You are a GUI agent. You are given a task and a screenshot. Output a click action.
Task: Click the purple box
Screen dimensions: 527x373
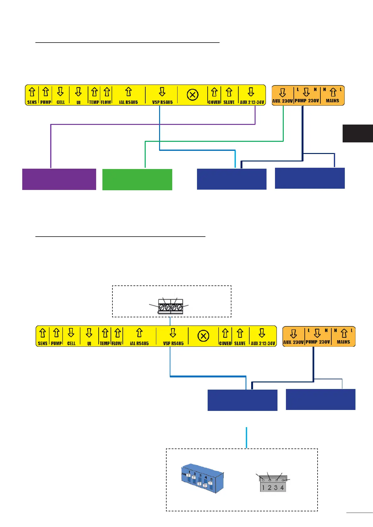point(59,179)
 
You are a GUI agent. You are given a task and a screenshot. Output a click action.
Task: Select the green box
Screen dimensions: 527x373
point(137,179)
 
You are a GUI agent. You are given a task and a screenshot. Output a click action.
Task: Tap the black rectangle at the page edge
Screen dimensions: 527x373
point(358,133)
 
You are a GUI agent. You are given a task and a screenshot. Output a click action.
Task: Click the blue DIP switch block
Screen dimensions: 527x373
point(203,479)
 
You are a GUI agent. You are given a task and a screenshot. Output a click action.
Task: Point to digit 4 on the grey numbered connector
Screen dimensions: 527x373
point(282,488)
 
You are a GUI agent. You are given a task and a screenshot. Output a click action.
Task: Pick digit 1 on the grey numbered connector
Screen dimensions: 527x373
point(263,488)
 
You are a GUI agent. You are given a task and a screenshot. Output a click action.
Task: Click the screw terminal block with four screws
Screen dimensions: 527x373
point(170,306)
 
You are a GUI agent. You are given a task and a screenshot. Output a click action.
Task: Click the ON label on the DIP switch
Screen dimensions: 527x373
point(184,474)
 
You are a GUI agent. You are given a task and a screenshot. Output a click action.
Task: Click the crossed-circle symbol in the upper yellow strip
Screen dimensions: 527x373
point(192,95)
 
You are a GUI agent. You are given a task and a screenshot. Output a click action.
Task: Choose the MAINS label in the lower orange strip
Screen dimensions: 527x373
point(343,342)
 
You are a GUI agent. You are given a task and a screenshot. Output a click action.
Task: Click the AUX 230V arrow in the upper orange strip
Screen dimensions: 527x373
point(282,92)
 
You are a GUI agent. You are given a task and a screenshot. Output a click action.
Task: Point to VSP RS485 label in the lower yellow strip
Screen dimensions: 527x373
point(173,343)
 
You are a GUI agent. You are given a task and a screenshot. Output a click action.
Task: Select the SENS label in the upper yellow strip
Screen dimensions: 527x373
point(32,102)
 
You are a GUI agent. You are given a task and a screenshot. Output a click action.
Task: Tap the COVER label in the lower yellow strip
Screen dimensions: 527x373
point(225,343)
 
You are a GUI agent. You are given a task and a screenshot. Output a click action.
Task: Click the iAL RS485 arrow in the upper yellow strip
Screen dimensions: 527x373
point(128,92)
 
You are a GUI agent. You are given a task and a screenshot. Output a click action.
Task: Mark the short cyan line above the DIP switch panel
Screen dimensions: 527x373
point(246,437)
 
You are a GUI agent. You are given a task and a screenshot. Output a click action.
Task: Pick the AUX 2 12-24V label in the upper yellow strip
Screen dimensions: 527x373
point(252,102)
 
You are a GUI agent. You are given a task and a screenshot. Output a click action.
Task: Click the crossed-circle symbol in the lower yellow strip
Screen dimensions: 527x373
point(203,336)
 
